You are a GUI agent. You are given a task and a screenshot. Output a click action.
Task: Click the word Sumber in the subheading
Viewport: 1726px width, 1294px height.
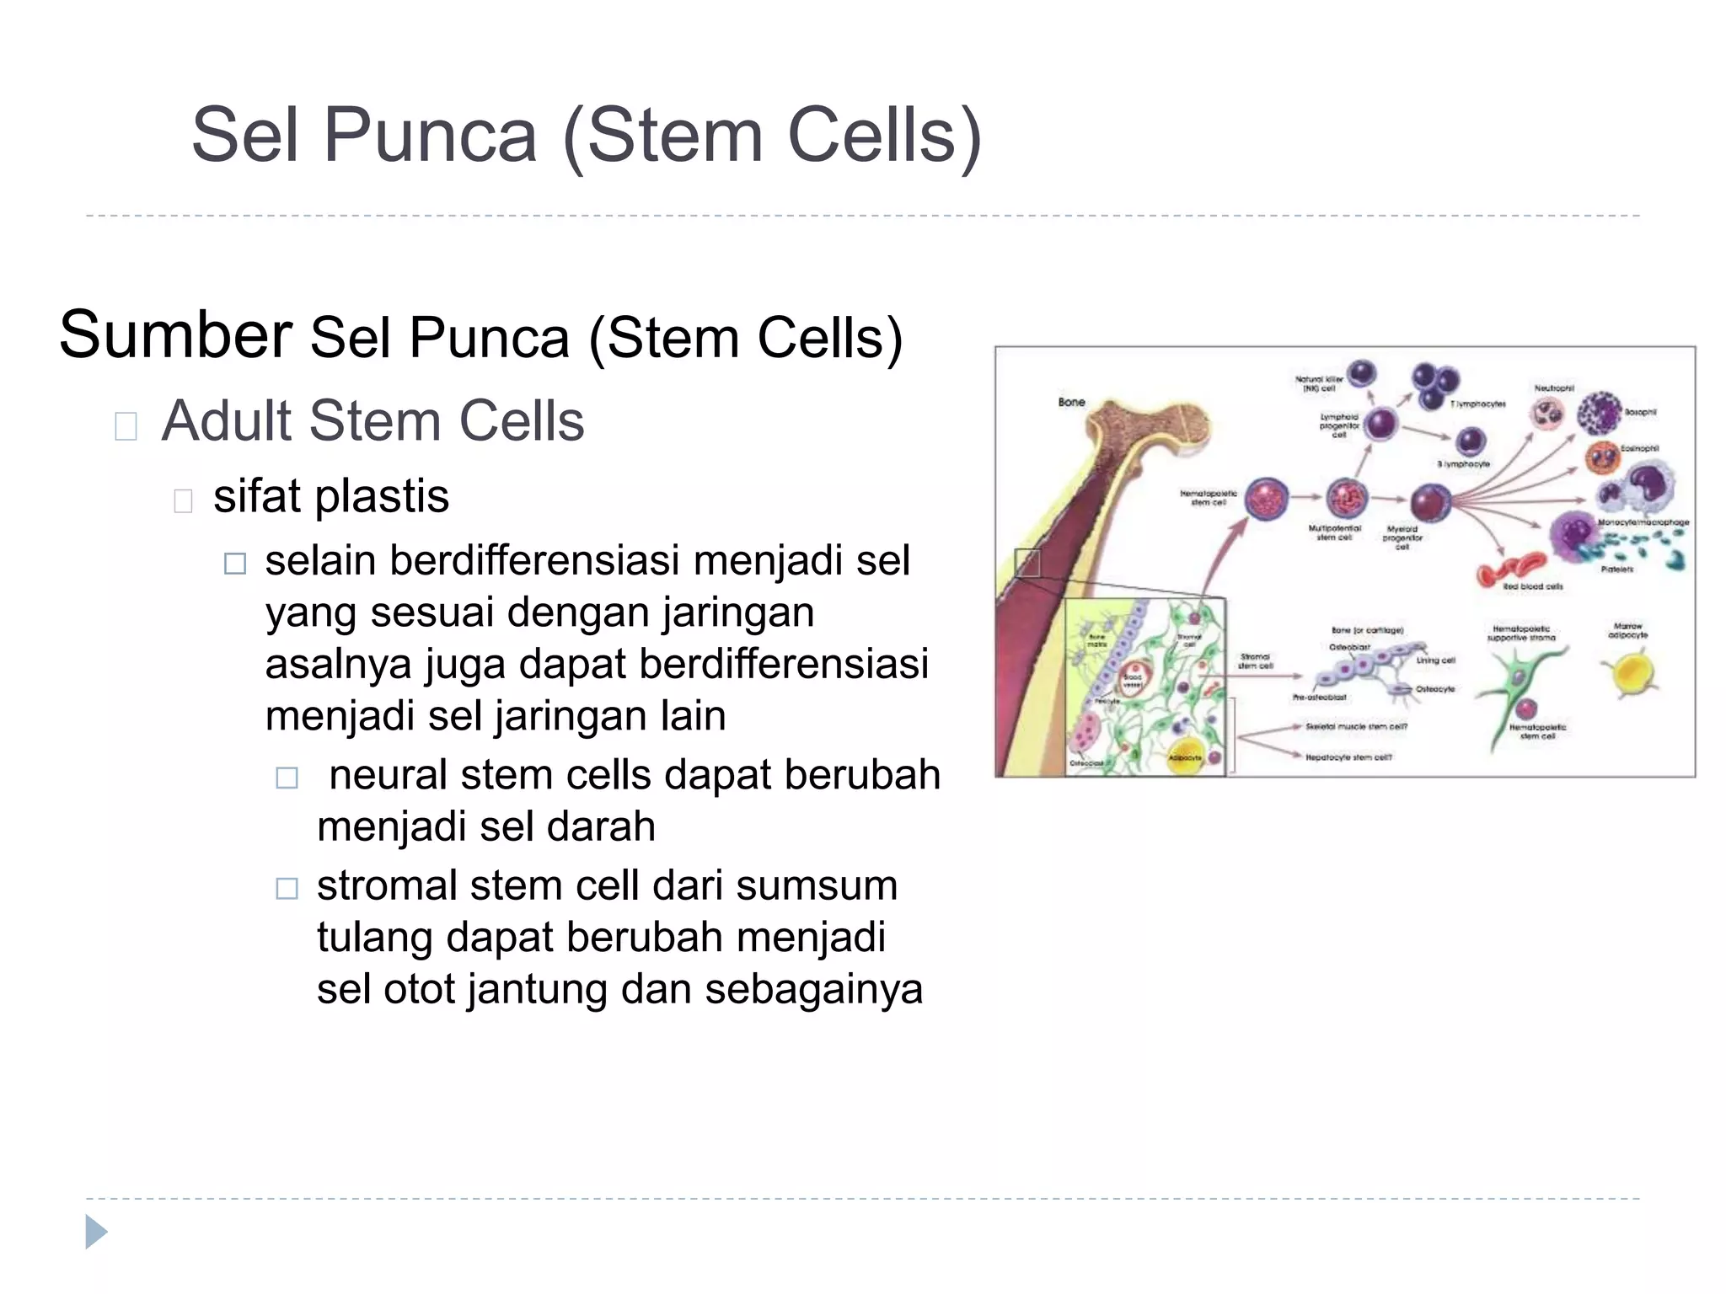point(175,335)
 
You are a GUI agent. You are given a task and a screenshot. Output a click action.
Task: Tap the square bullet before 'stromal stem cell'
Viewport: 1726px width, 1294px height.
point(287,888)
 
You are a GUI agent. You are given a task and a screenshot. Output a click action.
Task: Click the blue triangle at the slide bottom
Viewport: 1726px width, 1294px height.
point(96,1232)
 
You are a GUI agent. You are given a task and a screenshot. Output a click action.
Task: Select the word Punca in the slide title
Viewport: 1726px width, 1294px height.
point(430,136)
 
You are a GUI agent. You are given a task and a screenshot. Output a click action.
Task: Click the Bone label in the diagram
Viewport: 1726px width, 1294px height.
point(1071,402)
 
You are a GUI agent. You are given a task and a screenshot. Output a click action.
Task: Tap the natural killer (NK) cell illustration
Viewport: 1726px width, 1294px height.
point(1362,372)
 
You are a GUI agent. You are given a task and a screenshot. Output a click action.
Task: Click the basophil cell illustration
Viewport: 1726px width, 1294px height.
point(1599,413)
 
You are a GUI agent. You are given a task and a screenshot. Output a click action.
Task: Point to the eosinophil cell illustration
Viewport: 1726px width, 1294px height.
point(1600,456)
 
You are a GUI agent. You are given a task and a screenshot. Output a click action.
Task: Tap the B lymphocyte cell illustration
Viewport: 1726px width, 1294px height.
point(1471,441)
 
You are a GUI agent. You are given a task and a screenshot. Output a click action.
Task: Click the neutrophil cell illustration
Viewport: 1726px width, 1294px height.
point(1547,414)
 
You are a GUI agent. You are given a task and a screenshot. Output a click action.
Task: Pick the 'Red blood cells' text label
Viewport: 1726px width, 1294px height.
point(1533,586)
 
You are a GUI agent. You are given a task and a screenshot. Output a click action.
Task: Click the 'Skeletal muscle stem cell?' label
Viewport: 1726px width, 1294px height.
point(1356,726)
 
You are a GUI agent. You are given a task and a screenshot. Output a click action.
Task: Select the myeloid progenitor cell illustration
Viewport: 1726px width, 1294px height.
point(1430,503)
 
